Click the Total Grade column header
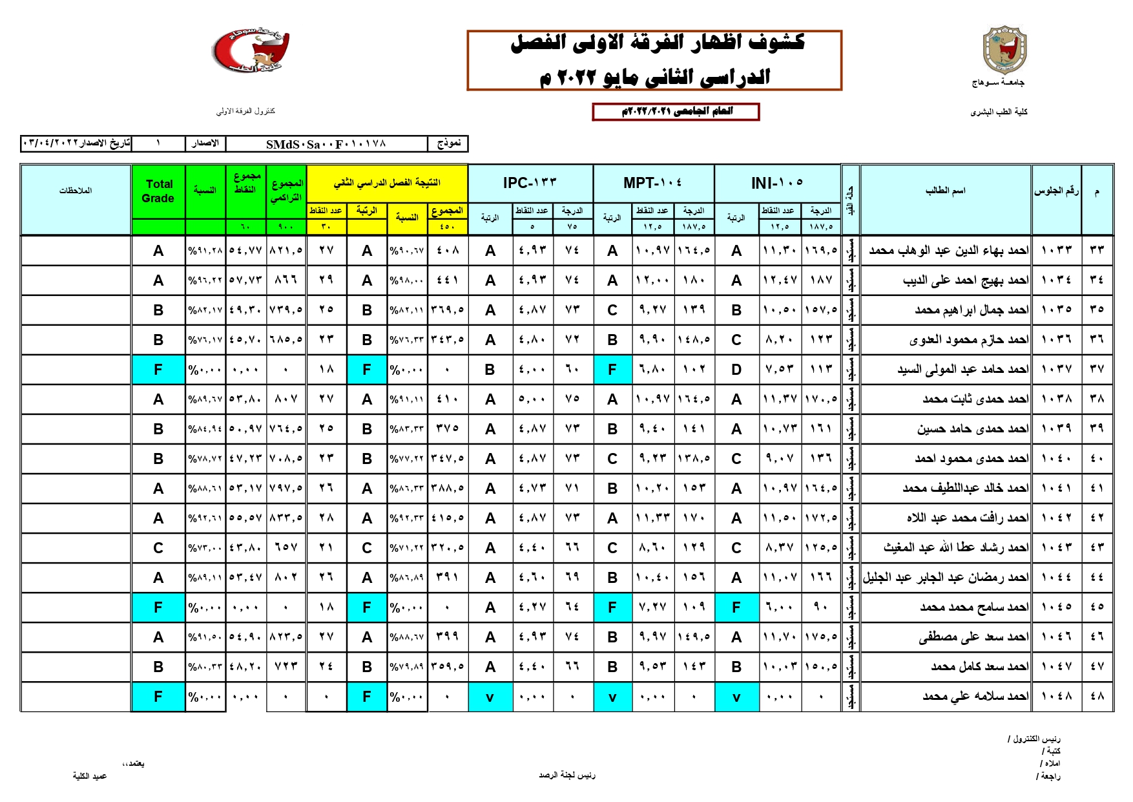tap(158, 191)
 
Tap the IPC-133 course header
tap(530, 184)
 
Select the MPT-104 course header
tap(652, 184)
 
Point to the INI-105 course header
tap(777, 184)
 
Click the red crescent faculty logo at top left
tap(251, 50)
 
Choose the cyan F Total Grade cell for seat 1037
tap(158, 370)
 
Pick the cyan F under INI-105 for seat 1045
tap(736, 607)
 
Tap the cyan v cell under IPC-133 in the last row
tap(490, 697)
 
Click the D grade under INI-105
tap(736, 370)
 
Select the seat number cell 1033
tap(1056, 250)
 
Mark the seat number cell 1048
tap(1056, 697)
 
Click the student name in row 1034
tap(965, 280)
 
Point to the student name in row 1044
tap(946, 578)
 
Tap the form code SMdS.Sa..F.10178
tap(326, 143)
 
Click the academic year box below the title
tap(676, 112)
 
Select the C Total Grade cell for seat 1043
tap(158, 548)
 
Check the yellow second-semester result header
tap(387, 184)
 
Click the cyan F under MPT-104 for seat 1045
tap(612, 607)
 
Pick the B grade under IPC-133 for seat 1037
tap(490, 370)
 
